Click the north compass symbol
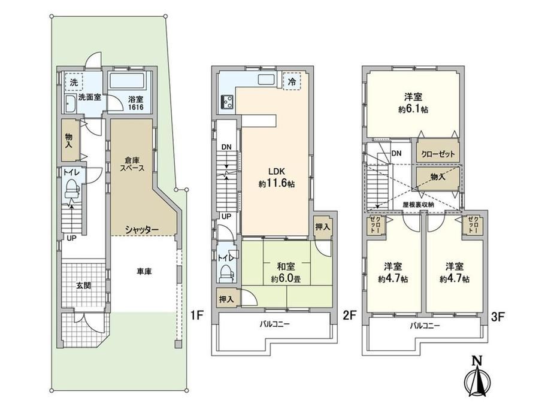pyautogui.click(x=477, y=377)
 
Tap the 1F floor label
pyautogui.click(x=197, y=315)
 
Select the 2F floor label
pyautogui.click(x=350, y=315)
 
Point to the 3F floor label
pyautogui.click(x=498, y=317)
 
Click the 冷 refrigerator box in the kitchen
pyautogui.click(x=292, y=82)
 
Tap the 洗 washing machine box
pyautogui.click(x=74, y=82)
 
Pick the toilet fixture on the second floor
pyautogui.click(x=226, y=274)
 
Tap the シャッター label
pyautogui.click(x=142, y=230)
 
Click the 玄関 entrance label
pyautogui.click(x=84, y=285)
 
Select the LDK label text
pyautogui.click(x=277, y=172)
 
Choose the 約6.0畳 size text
pyautogui.click(x=286, y=280)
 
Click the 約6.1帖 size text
pyautogui.click(x=413, y=110)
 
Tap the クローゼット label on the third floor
pyautogui.click(x=438, y=154)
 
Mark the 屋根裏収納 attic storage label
pyautogui.click(x=418, y=204)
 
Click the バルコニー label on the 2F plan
pyautogui.click(x=275, y=324)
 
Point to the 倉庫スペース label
pyautogui.click(x=132, y=164)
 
